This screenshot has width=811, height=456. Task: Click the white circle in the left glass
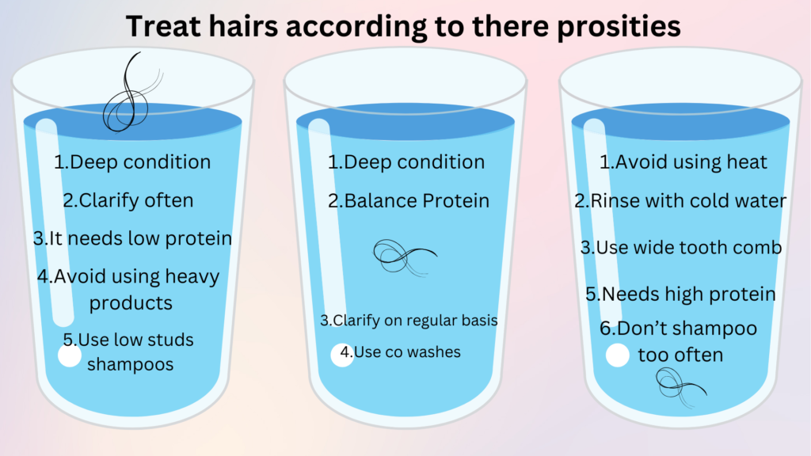70,355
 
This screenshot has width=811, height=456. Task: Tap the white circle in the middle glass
341,354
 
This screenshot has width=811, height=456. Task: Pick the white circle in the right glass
618,355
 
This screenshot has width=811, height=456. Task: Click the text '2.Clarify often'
128,200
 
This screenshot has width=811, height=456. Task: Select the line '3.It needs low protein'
132,238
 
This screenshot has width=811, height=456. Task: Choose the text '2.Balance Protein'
409,200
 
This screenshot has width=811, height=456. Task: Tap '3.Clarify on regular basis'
409,321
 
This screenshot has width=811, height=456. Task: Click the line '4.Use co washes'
400,352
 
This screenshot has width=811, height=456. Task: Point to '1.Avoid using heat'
683,162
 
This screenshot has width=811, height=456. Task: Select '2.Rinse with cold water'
681,200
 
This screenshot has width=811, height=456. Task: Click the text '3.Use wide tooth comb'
681,247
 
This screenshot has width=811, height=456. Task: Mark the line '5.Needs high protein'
681,294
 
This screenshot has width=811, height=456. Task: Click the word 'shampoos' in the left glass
130,364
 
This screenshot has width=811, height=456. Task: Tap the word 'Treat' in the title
163,26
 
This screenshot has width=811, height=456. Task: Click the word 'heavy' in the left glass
189,277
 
